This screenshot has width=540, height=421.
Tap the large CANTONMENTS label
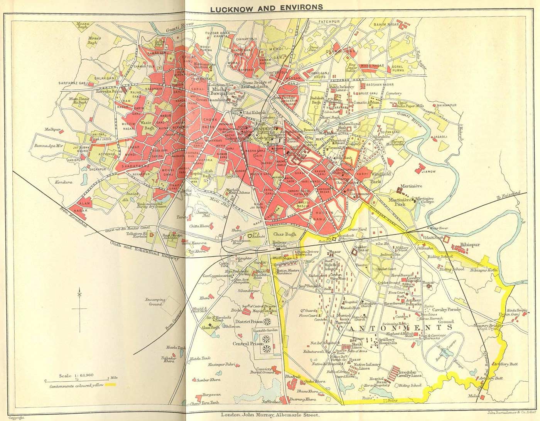(395, 328)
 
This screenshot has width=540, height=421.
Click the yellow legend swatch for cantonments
(110, 385)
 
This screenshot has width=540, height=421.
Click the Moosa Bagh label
(84, 25)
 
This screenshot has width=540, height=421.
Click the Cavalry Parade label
(449, 309)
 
